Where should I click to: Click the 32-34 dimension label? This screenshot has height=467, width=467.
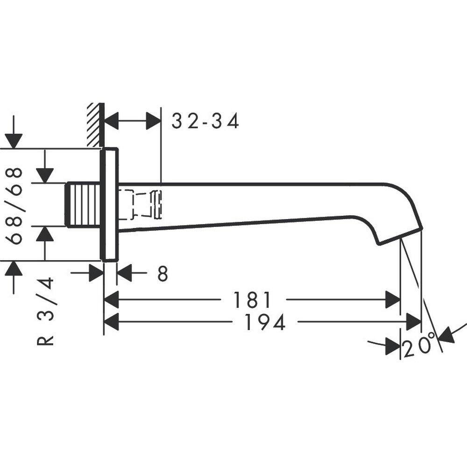click(x=205, y=121)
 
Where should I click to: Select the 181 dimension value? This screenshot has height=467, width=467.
click(x=252, y=300)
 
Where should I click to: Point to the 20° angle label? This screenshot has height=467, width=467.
click(x=419, y=348)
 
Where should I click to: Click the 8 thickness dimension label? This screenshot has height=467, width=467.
click(x=162, y=274)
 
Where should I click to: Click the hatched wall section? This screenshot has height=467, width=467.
click(x=94, y=125)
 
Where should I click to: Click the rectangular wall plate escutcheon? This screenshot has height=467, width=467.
click(x=109, y=204)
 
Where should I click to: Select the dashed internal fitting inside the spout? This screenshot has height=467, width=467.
click(x=140, y=204)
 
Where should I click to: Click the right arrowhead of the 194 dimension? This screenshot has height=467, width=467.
click(x=414, y=322)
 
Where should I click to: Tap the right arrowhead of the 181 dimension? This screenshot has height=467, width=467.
click(x=393, y=300)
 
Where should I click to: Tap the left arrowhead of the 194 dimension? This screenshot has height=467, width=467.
click(x=111, y=322)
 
